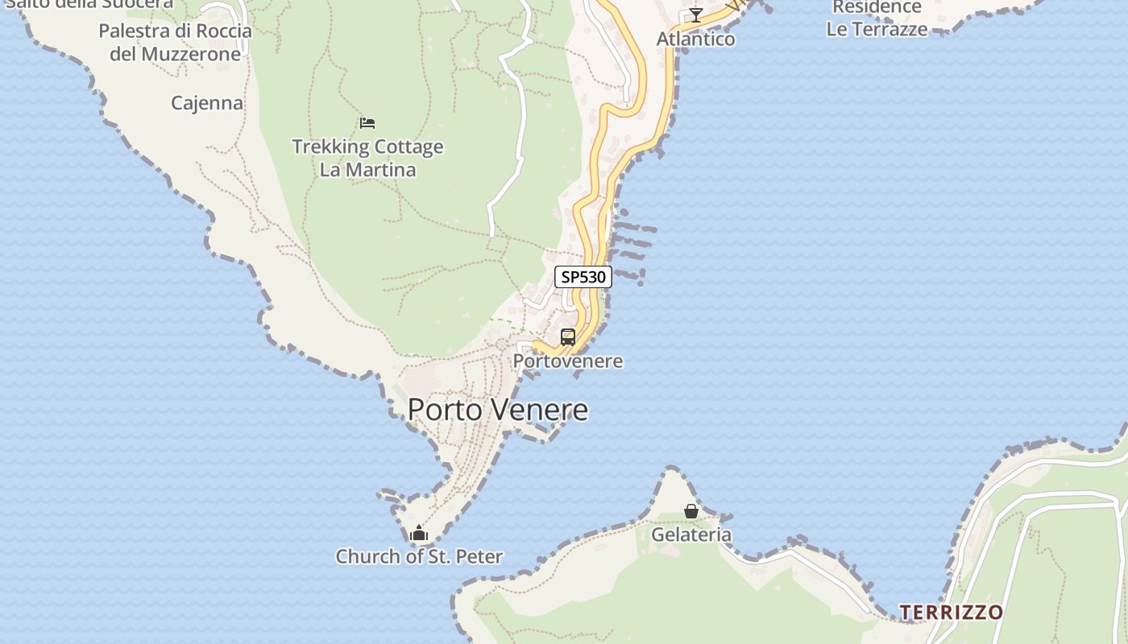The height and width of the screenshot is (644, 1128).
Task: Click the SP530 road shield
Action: pos(583,277)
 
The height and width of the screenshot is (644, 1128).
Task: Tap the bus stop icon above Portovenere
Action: pos(568,336)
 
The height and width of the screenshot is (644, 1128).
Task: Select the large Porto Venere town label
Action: pos(497,410)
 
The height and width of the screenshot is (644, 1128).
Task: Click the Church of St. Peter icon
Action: pos(418,533)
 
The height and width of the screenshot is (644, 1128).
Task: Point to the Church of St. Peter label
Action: pos(419,556)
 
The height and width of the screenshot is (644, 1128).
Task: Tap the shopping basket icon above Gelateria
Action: pos(691,511)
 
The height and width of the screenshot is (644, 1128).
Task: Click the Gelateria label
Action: pos(691,535)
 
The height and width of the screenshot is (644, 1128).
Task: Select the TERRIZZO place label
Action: pos(951,613)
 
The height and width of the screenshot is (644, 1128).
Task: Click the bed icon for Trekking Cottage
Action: pos(367,123)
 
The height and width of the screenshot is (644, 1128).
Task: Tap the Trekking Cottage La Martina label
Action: pos(367,159)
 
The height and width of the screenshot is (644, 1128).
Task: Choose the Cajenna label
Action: pos(207,103)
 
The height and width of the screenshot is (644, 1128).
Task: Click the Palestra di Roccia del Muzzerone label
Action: pos(175,43)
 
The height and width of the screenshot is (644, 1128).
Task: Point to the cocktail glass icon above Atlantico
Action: pos(695,15)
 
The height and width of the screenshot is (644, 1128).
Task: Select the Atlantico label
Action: pos(695,39)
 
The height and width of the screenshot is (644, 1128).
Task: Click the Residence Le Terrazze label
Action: pos(877,18)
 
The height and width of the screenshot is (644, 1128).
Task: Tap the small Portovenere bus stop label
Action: pos(568,361)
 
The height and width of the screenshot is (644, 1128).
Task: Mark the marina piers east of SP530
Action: pos(632,242)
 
